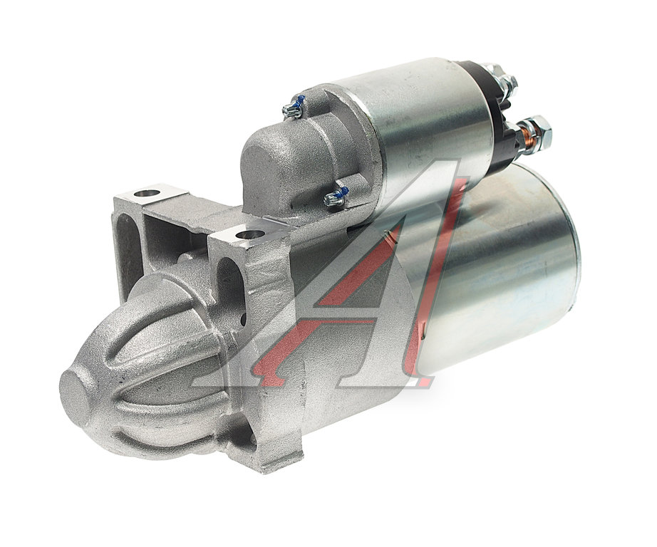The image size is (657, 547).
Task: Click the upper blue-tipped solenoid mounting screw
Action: [294, 108]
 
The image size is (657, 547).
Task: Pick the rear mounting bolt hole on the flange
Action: [147, 194]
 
